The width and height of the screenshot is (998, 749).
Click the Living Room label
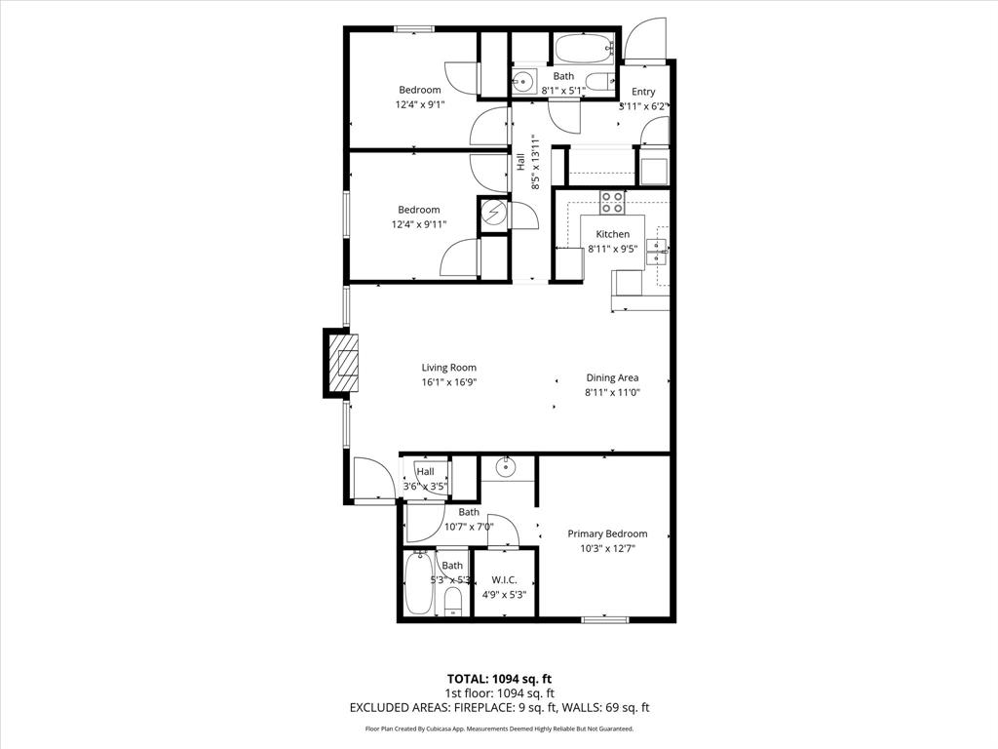(449, 368)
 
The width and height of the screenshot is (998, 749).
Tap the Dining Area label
(612, 377)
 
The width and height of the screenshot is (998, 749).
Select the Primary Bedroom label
(607, 533)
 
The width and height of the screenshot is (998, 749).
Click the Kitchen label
(613, 234)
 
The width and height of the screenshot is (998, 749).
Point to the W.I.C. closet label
(504, 580)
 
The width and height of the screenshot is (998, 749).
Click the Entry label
(643, 92)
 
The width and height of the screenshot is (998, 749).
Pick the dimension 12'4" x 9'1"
(418, 104)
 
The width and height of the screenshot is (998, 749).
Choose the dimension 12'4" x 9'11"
(418, 224)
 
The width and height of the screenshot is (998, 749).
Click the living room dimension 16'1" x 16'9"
(449, 383)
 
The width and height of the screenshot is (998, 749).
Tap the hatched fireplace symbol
(342, 363)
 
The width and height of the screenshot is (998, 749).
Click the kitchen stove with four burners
(613, 202)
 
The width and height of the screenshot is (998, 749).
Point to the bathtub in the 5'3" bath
(420, 583)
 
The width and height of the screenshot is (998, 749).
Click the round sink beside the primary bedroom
(506, 467)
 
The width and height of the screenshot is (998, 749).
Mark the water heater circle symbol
(493, 213)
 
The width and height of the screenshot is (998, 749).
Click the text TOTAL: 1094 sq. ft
(499, 679)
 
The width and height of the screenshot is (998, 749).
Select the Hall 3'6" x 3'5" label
(426, 478)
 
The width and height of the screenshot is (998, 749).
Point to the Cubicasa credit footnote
(499, 729)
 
